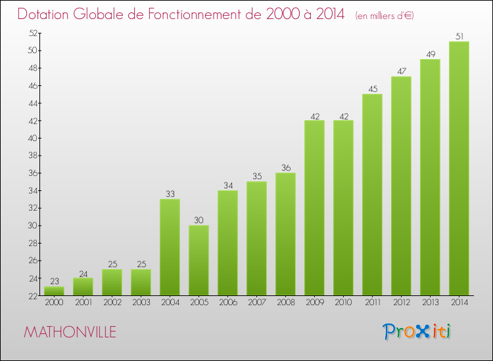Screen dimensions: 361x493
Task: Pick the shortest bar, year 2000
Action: [54, 291]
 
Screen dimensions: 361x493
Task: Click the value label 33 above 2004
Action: [170, 194]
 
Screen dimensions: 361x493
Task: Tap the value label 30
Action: [199, 221]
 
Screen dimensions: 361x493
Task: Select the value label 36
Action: [285, 168]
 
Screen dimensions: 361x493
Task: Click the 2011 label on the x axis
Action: [372, 303]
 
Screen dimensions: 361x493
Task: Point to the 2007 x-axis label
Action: [256, 303]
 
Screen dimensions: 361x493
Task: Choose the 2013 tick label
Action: [430, 303]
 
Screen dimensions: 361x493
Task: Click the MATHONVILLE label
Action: [70, 332]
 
